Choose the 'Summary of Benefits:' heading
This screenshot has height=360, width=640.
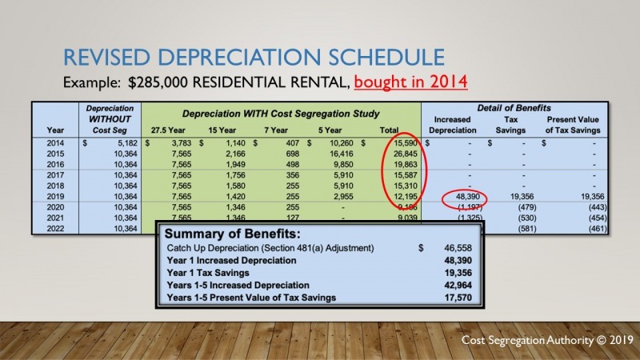pyautogui.click(x=231, y=235)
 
